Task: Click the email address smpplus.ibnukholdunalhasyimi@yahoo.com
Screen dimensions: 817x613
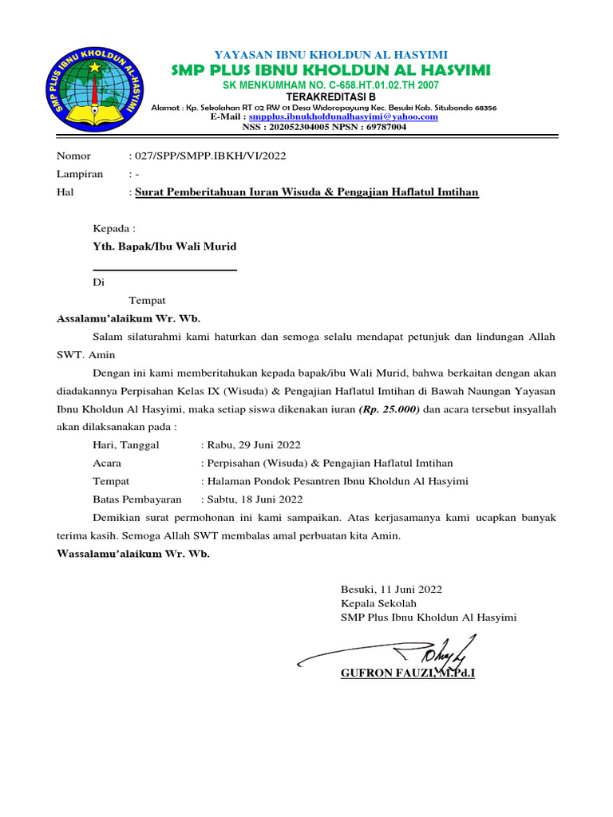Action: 343,116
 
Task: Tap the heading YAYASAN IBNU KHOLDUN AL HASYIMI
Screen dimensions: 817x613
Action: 331,54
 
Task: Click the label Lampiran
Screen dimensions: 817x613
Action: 79,174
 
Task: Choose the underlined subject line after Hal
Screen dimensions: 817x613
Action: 306,192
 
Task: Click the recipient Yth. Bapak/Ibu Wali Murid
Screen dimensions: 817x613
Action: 164,247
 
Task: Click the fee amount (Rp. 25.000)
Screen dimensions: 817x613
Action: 389,409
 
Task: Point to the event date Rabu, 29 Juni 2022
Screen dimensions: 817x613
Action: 253,445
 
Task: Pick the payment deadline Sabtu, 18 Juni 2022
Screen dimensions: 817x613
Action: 255,499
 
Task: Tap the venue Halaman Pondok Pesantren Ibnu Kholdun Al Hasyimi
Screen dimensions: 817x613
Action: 337,481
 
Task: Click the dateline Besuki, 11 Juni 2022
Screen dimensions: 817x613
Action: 391,590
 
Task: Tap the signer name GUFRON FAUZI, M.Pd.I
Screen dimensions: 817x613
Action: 407,674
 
